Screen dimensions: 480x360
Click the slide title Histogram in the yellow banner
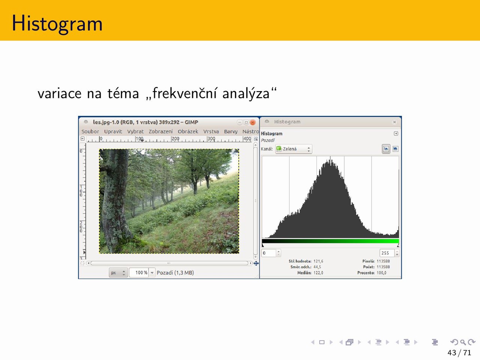coord(57,24)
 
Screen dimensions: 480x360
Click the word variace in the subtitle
coord(60,94)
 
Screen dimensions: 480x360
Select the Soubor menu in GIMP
coord(90,132)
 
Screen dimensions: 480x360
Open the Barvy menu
coord(231,132)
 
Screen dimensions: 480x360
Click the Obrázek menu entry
coord(188,132)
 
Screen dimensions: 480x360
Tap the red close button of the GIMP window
coord(253,122)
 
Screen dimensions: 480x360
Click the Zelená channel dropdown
coord(294,149)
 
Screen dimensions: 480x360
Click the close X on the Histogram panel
coord(394,122)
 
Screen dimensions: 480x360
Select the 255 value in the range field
coord(385,253)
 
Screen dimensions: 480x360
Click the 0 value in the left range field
coord(264,253)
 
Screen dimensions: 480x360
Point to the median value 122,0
coord(318,273)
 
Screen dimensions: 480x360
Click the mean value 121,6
coord(318,261)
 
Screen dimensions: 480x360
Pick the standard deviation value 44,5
coord(317,267)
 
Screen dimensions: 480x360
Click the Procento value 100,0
coord(381,273)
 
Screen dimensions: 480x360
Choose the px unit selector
coord(118,273)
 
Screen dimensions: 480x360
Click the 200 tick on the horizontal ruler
coord(175,139)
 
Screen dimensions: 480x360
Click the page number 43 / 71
coord(459,353)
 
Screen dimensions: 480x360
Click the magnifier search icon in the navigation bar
coord(463,342)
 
